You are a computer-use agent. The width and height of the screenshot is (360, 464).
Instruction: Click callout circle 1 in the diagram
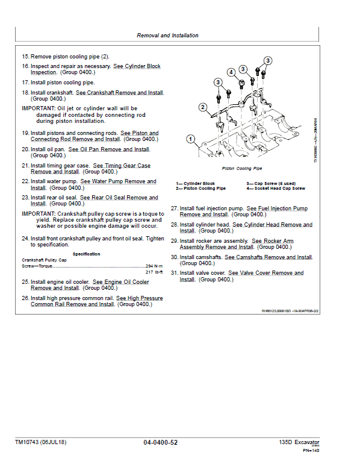(x=190, y=140)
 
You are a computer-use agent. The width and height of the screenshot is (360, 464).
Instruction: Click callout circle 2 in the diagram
(x=203, y=108)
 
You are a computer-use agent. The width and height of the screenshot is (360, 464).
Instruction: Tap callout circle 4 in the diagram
(x=231, y=72)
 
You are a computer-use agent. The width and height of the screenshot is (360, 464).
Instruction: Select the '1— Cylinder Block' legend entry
(x=195, y=183)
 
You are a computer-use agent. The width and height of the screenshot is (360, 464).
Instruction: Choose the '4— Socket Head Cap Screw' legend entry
(x=275, y=189)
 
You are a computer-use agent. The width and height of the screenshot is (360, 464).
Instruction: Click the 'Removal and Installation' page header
(x=167, y=36)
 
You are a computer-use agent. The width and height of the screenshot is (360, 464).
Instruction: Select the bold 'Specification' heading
(x=87, y=254)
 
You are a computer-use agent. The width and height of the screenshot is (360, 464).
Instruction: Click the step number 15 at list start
(x=25, y=57)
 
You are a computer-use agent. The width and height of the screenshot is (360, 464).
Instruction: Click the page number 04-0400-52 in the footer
(x=160, y=443)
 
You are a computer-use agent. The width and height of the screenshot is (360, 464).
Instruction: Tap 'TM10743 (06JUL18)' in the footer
(x=41, y=443)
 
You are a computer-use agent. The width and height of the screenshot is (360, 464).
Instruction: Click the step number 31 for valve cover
(x=174, y=273)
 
